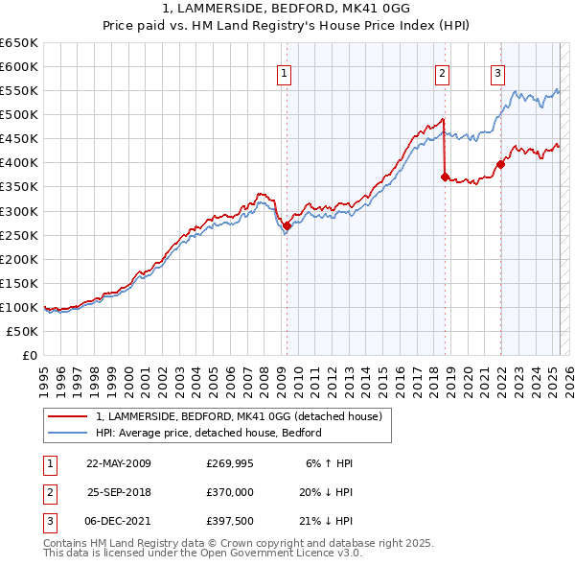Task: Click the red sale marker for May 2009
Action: coord(287,225)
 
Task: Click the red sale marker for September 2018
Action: coord(445,177)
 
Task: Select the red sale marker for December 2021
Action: coord(500,163)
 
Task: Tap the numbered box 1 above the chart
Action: coord(286,73)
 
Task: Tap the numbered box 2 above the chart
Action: coord(442,73)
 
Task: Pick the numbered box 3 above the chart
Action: coord(498,73)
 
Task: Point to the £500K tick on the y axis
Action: coord(21,114)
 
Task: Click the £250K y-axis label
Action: coord(21,235)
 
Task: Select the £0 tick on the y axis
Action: coord(29,355)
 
